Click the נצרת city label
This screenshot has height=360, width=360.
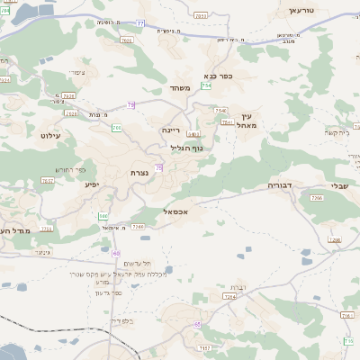point(139,173)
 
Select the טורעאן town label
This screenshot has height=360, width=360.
point(307,10)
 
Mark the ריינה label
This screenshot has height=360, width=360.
point(171,130)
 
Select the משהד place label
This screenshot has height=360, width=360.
point(178,89)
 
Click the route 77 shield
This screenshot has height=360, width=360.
point(140,23)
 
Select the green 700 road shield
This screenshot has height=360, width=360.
point(116,128)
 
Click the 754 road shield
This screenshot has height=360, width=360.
point(206,86)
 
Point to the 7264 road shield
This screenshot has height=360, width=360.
point(229,295)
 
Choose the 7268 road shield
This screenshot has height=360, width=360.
point(335,239)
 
